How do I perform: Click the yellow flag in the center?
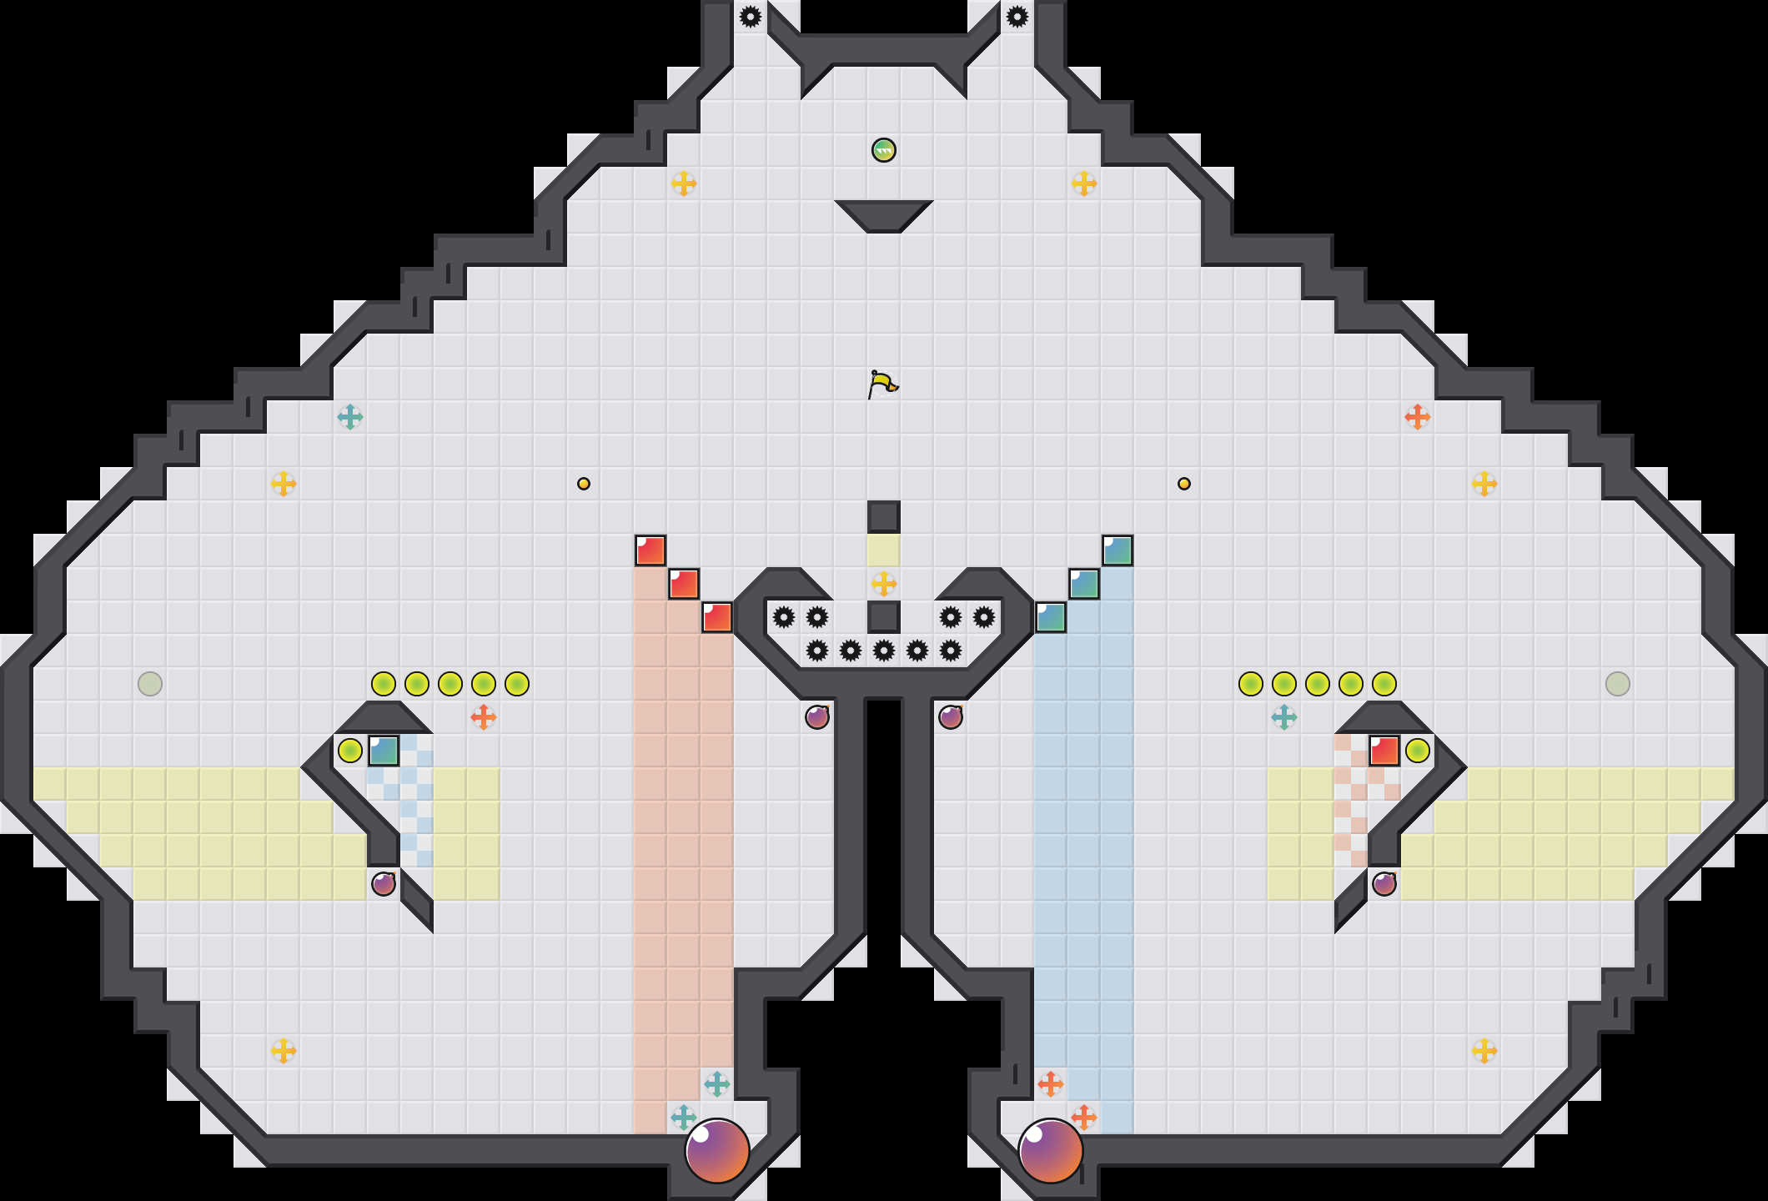pyautogui.click(x=881, y=384)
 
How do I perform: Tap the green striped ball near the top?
pyautogui.click(x=883, y=150)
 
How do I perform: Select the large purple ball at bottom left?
pyautogui.click(x=716, y=1150)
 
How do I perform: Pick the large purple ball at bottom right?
pyautogui.click(x=1050, y=1150)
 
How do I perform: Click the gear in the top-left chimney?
pyautogui.click(x=751, y=17)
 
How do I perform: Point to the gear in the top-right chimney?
pyautogui.click(x=1017, y=17)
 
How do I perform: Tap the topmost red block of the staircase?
pyautogui.click(x=650, y=550)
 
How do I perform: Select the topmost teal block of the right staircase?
pyautogui.click(x=1118, y=550)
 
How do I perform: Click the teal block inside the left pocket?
pyautogui.click(x=384, y=751)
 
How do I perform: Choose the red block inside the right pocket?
pyautogui.click(x=1384, y=751)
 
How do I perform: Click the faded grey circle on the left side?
pyautogui.click(x=150, y=684)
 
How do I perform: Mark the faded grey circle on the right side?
pyautogui.click(x=1618, y=684)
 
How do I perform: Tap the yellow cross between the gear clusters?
pyautogui.click(x=884, y=584)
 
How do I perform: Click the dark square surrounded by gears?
pyautogui.click(x=884, y=617)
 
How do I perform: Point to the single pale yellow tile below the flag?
pyautogui.click(x=884, y=550)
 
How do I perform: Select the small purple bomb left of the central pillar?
pyautogui.click(x=817, y=717)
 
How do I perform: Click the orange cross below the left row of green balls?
pyautogui.click(x=484, y=717)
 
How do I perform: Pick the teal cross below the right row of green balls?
pyautogui.click(x=1284, y=717)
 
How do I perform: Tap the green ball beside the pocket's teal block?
pyautogui.click(x=350, y=751)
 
